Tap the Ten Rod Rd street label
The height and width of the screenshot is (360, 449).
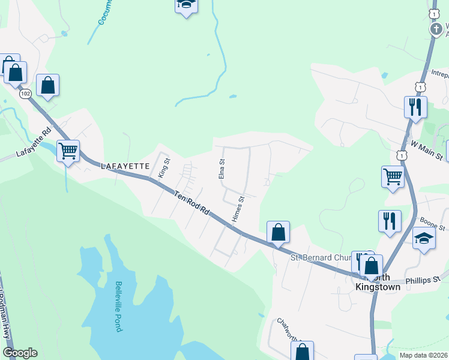point(192,203)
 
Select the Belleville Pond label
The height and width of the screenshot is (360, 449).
point(119,307)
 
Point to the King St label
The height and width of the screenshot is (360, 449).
point(164,167)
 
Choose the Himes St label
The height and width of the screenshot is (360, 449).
point(238,209)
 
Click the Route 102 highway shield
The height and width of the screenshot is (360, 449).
point(25,94)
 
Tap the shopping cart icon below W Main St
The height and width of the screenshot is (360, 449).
point(392,176)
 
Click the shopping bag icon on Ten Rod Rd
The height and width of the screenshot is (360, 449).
point(278,232)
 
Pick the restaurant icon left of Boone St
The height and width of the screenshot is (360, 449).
point(390,220)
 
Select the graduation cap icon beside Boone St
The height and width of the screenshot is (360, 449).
point(424,238)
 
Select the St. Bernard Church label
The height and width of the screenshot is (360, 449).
point(321,258)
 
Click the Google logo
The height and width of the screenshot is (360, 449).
point(20,353)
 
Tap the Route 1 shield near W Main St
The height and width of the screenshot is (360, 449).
point(401,155)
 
